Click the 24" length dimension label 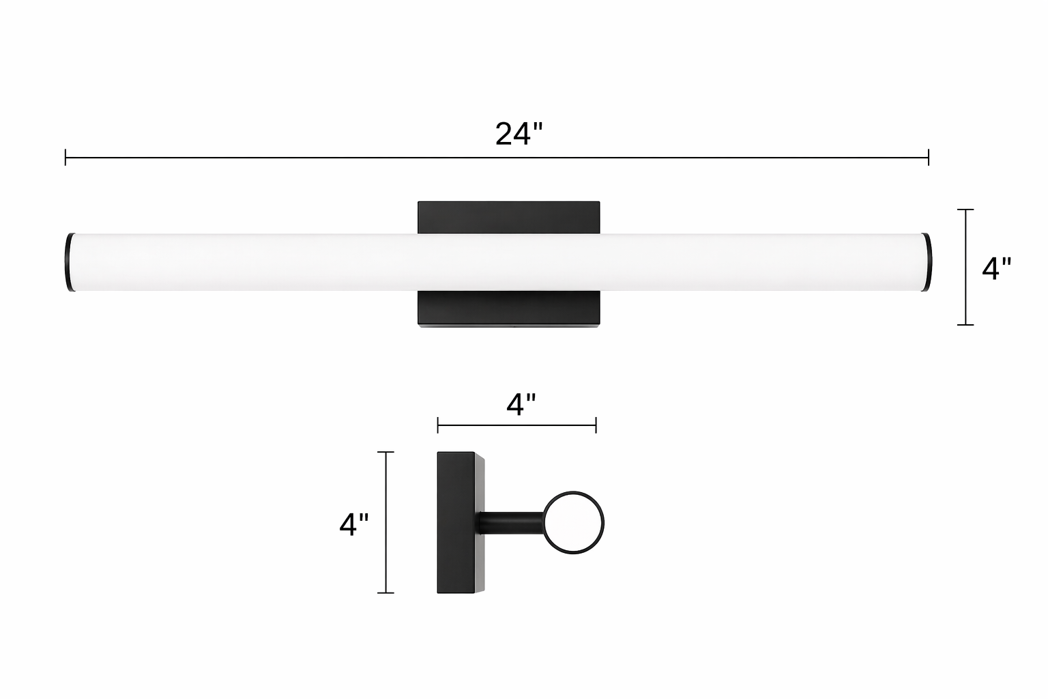click(519, 134)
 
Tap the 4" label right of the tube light click(997, 269)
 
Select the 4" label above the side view click(521, 404)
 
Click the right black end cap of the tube click(927, 262)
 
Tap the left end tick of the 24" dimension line click(65, 157)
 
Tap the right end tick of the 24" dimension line click(928, 157)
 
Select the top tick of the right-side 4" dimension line click(965, 210)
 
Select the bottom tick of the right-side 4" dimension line click(965, 324)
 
